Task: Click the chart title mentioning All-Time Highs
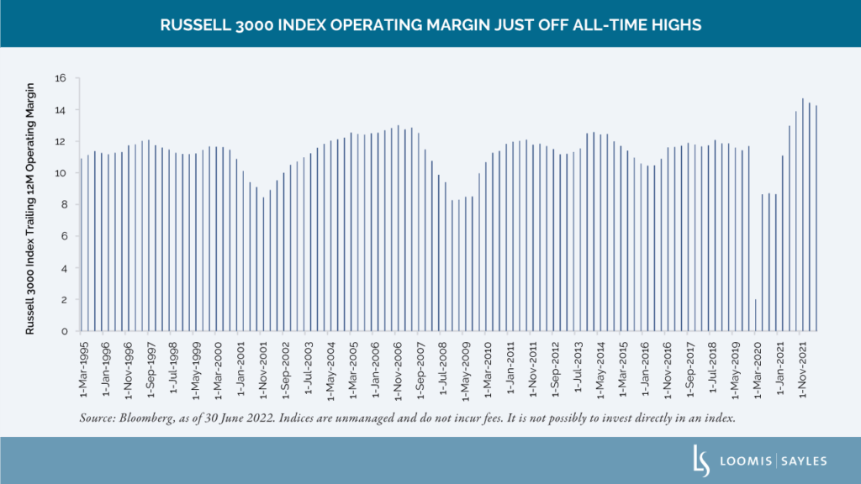click(430, 24)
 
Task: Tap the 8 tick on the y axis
click(63, 205)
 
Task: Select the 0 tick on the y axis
click(63, 331)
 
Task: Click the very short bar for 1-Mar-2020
click(756, 315)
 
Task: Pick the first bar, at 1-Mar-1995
click(82, 245)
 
